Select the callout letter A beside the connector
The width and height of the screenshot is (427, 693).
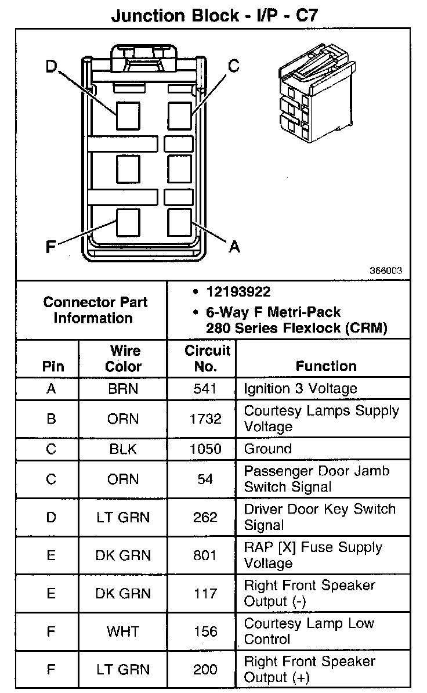234,247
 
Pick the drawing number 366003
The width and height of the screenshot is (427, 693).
386,271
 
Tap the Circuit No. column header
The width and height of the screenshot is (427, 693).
207,359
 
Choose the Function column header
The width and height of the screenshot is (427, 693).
326,366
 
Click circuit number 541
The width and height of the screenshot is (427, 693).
205,389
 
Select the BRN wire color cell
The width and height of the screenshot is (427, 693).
123,389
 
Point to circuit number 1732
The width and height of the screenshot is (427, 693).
205,418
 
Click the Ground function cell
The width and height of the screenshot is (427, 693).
268,449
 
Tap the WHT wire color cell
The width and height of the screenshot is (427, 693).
123,631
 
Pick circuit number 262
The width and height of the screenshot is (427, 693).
205,517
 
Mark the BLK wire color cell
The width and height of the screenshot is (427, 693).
123,449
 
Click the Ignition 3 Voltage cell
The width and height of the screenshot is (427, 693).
301,388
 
